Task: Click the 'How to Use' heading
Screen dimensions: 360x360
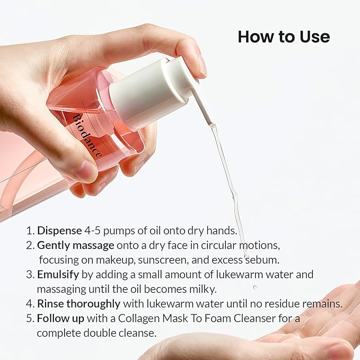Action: (x=284, y=37)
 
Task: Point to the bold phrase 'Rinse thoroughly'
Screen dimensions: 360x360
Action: (x=79, y=304)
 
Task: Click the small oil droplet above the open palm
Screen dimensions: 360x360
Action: (x=255, y=287)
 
